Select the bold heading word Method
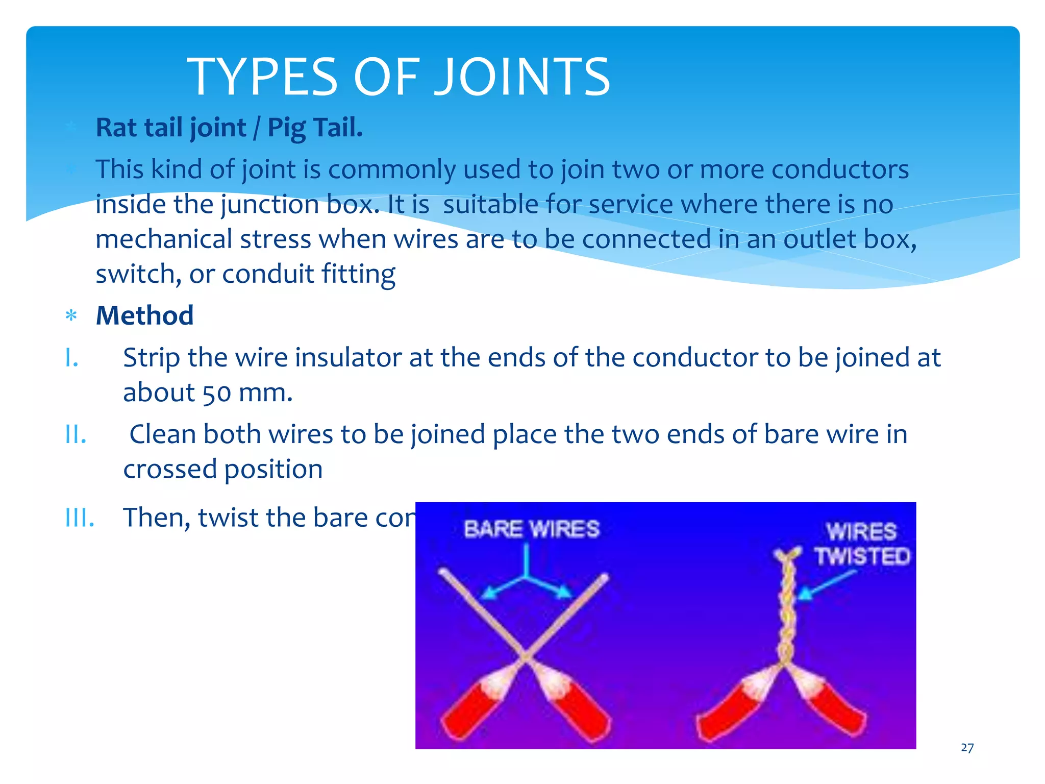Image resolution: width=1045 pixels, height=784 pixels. [145, 315]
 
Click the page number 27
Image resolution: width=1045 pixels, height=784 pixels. [967, 748]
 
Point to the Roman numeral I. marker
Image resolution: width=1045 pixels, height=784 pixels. [72, 358]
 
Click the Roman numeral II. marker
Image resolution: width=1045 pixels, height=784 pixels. [76, 435]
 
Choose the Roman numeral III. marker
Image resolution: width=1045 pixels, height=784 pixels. [80, 518]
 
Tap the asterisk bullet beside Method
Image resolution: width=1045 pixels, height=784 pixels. [71, 316]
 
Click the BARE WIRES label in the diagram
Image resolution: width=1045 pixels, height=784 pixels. [531, 529]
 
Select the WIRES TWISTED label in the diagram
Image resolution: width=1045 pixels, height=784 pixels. [862, 544]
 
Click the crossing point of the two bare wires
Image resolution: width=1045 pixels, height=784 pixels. [525, 654]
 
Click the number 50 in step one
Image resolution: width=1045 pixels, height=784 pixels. [216, 394]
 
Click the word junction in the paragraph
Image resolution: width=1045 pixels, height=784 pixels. [270, 205]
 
